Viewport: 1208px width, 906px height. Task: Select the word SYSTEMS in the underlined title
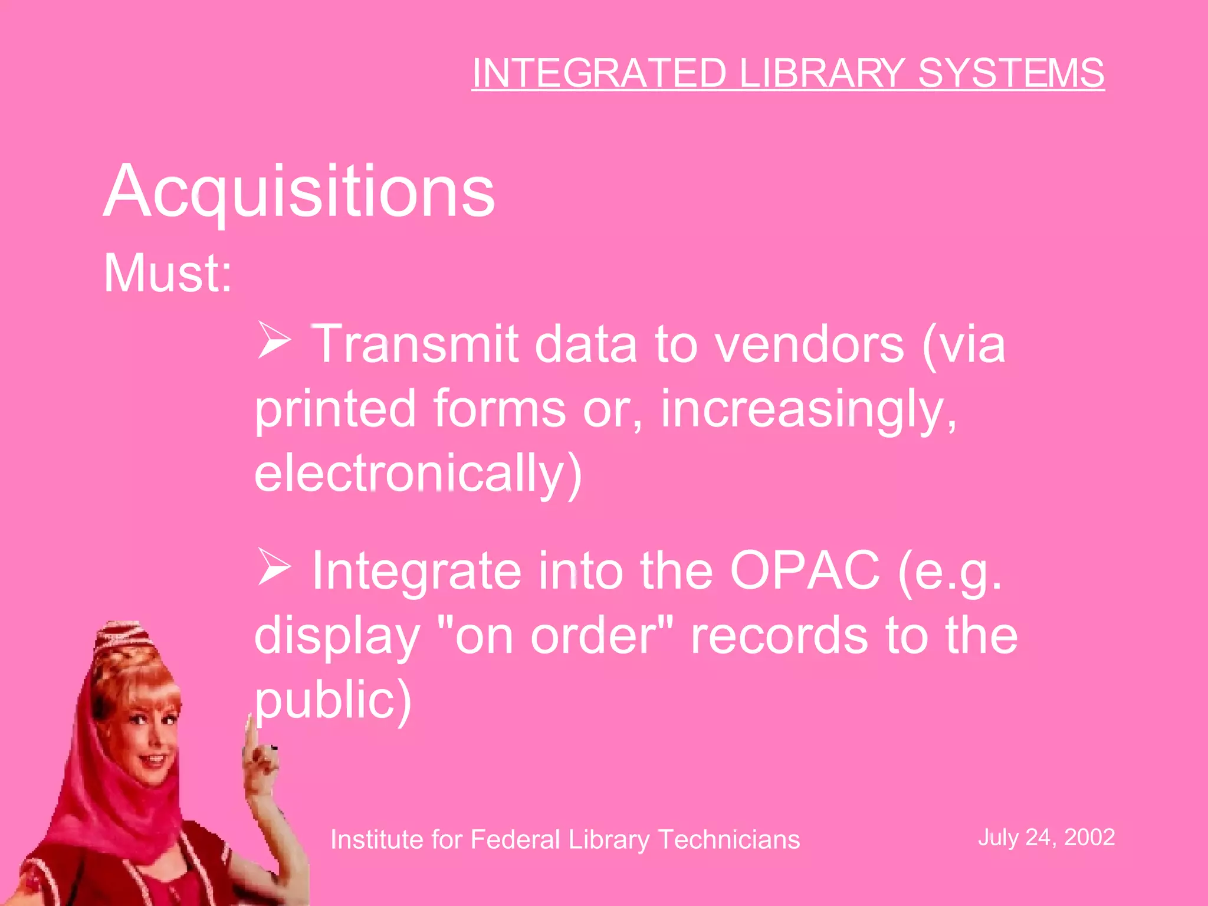[x=1010, y=74]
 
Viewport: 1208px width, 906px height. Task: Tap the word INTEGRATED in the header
[x=599, y=74]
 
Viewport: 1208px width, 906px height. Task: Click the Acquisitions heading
[x=299, y=192]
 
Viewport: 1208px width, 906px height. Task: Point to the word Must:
[x=168, y=273]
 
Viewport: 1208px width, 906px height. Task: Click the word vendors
[x=809, y=344]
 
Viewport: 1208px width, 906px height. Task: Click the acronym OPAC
[x=805, y=570]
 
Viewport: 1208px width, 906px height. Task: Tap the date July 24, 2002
[x=1046, y=838]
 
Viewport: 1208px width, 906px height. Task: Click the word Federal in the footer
[x=514, y=839]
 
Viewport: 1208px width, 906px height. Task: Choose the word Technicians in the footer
[x=728, y=839]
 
